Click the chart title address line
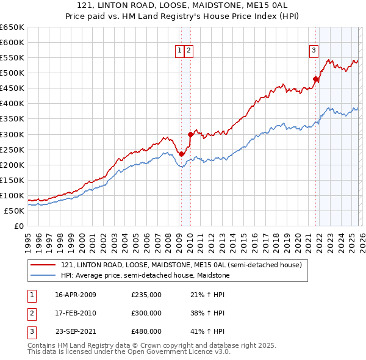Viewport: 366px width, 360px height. pyautogui.click(x=183, y=5)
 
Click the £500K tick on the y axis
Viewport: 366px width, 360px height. pyautogui.click(x=12, y=73)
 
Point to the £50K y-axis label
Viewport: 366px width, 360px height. pyautogui.click(x=14, y=211)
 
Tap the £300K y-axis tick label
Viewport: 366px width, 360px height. pyautogui.click(x=12, y=134)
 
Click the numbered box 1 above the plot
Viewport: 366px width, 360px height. pyautogui.click(x=181, y=51)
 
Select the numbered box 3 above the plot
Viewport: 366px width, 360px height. pyautogui.click(x=314, y=51)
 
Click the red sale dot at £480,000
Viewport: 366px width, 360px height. pyautogui.click(x=316, y=79)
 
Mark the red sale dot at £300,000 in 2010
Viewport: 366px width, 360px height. pyautogui.click(x=190, y=134)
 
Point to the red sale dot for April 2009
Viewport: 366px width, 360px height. pyautogui.click(x=181, y=154)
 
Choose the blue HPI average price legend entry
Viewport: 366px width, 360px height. pyautogui.click(x=145, y=276)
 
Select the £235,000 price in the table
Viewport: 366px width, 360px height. pyautogui.click(x=146, y=295)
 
